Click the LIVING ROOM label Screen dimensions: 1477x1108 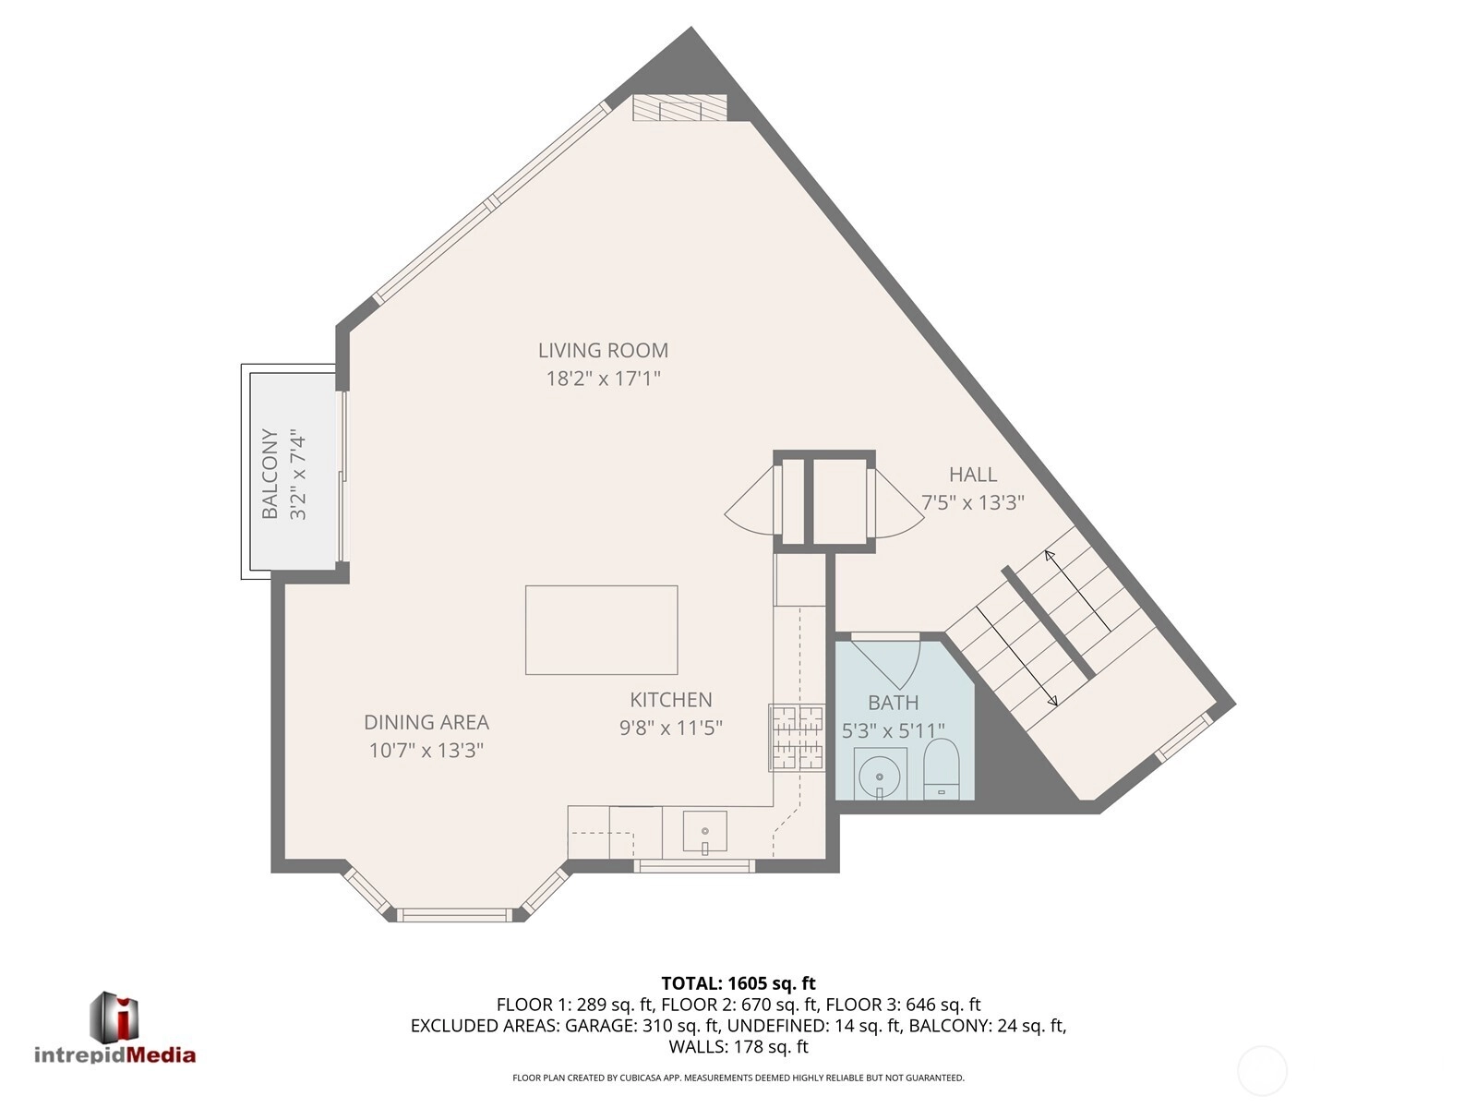click(603, 351)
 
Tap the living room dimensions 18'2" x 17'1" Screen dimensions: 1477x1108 click(603, 379)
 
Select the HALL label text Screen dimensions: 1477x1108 click(972, 475)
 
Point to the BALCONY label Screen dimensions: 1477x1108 click(270, 474)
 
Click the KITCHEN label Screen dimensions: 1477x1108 click(671, 700)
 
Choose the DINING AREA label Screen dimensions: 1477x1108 click(426, 722)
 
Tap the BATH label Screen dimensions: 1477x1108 click(893, 703)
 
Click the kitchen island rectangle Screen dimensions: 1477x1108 click(602, 630)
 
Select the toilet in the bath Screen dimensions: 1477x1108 click(941, 769)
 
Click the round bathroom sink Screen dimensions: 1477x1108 click(880, 775)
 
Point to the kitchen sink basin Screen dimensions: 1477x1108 click(704, 831)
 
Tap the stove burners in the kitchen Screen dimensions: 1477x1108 click(798, 738)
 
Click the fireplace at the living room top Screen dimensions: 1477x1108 click(680, 108)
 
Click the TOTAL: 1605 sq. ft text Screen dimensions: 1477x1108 click(738, 982)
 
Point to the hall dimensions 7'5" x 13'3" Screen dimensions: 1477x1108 click(972, 502)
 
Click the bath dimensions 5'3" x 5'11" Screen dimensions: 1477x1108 click(893, 730)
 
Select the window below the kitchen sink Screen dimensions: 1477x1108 click(694, 866)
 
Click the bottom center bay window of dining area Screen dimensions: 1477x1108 click(455, 915)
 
